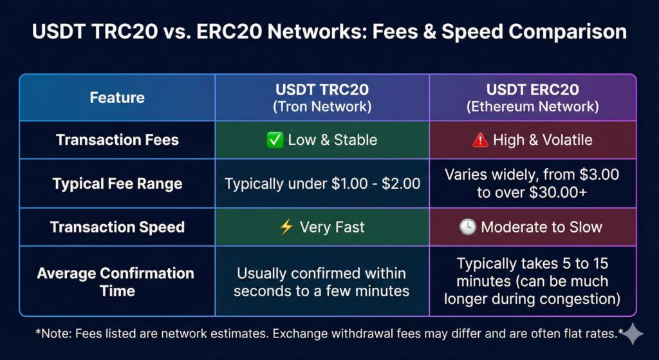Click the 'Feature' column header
click(x=117, y=98)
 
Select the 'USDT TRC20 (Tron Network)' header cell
click(x=323, y=98)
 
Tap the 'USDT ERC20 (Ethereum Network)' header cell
click(x=532, y=98)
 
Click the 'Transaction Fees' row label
click(x=117, y=140)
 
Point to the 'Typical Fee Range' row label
click(x=117, y=184)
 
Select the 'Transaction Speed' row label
click(x=117, y=227)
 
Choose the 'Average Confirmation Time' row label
click(x=116, y=281)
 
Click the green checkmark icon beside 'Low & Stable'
click(x=274, y=140)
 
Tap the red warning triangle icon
click(x=479, y=140)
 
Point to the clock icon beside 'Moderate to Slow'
click(x=468, y=227)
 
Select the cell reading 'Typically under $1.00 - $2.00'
click(x=322, y=184)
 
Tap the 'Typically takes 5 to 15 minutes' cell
click(x=532, y=281)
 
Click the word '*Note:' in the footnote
click(x=52, y=333)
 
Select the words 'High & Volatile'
click(x=543, y=140)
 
